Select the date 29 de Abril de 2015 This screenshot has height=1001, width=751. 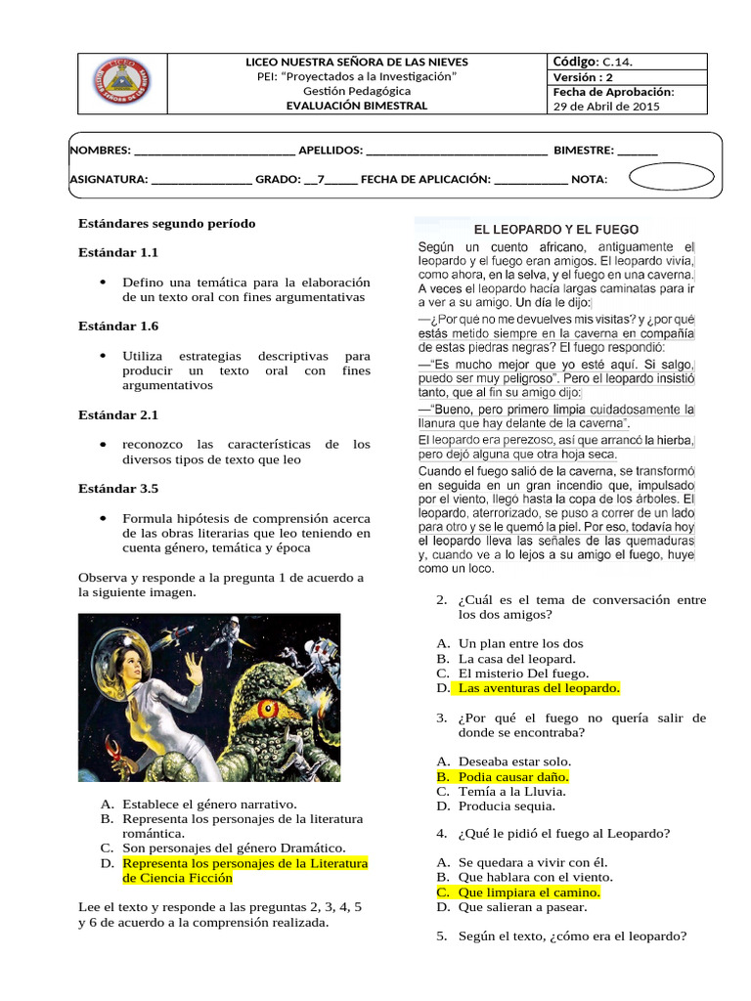[x=606, y=107]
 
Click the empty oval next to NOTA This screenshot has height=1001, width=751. [x=671, y=178]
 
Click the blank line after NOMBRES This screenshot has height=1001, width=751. [x=213, y=151]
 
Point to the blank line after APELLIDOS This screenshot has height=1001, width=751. [x=457, y=151]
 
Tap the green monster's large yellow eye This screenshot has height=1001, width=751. [x=267, y=709]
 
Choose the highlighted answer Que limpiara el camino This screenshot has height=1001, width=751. [x=529, y=892]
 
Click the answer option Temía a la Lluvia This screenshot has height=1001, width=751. [x=514, y=791]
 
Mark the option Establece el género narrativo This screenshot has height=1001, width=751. [x=209, y=804]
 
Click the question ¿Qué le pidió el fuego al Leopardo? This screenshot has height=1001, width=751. [x=563, y=833]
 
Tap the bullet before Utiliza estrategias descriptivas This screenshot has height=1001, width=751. [x=104, y=356]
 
